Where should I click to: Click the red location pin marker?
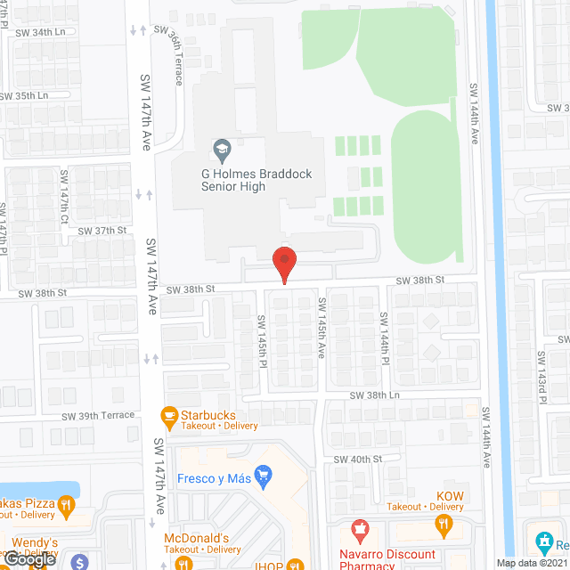click(x=283, y=263)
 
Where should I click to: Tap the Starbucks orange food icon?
click(x=167, y=415)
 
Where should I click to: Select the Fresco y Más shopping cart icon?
click(x=263, y=476)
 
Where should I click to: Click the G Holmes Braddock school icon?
click(x=221, y=147)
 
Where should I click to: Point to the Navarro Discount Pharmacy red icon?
click(x=360, y=532)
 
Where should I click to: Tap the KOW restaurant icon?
click(x=444, y=527)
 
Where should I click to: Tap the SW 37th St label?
click(x=103, y=231)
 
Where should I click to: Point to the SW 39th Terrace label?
click(x=99, y=415)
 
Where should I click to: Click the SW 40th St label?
click(x=357, y=459)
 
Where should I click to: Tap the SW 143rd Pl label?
click(x=541, y=376)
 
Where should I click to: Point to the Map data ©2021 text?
click(x=532, y=563)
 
